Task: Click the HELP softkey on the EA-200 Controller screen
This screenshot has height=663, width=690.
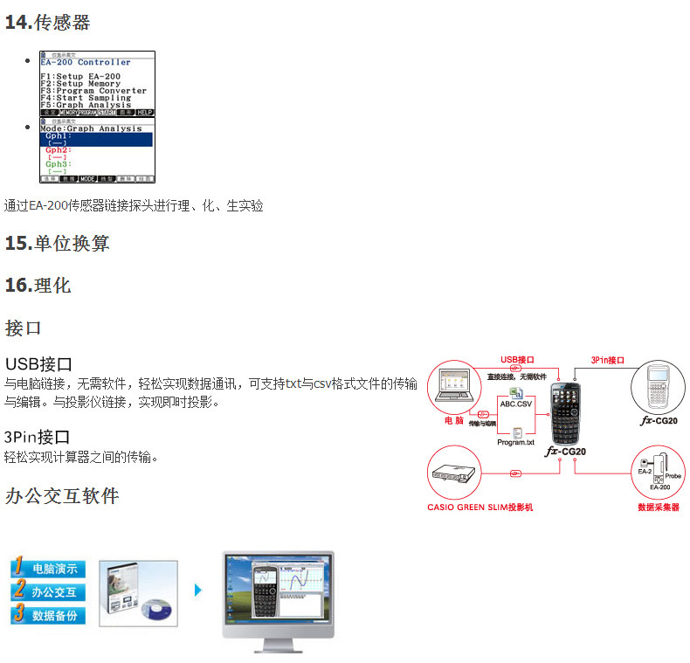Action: [x=145, y=113]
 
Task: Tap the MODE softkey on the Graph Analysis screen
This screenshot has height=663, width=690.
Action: [x=87, y=178]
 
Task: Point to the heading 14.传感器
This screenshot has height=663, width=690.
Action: [x=47, y=23]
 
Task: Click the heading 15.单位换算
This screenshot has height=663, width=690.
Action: [x=57, y=244]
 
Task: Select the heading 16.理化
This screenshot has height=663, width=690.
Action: [x=38, y=286]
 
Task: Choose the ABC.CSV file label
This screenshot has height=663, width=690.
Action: [x=515, y=404]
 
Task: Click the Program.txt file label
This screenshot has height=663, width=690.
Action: [x=515, y=442]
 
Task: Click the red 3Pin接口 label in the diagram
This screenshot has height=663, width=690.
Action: [x=608, y=359]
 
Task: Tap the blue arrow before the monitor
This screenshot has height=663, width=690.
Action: [x=198, y=590]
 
